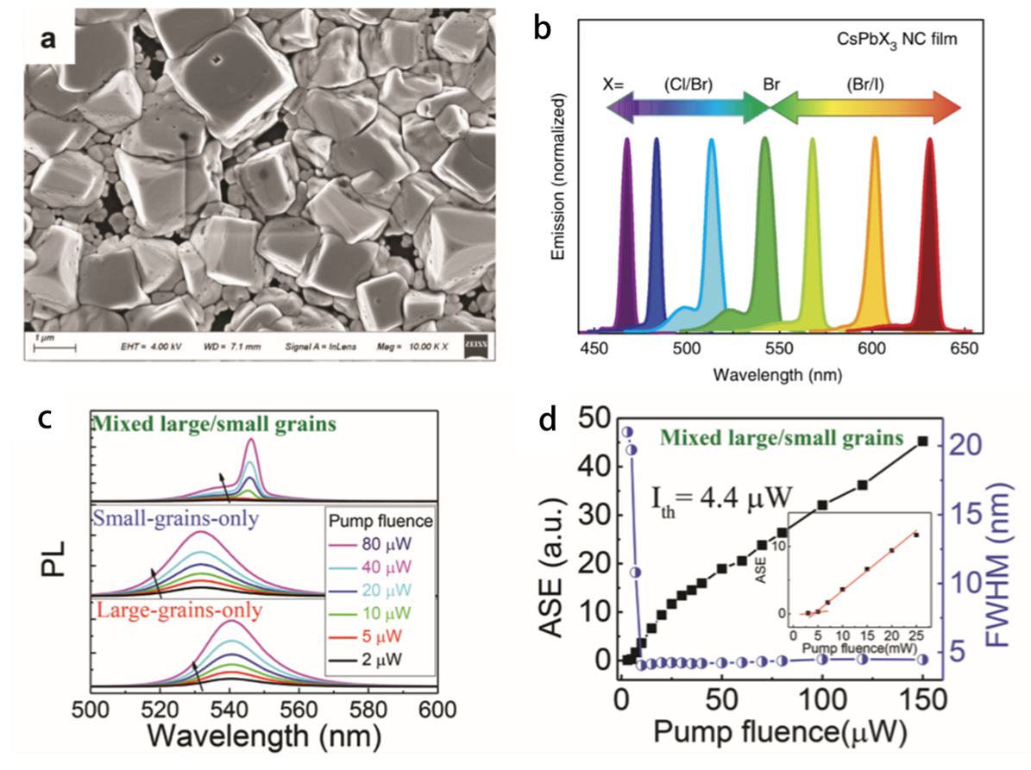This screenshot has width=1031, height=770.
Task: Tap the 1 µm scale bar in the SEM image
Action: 54,347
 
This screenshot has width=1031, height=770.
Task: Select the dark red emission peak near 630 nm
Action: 931,233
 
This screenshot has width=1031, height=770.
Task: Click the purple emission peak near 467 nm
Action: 628,233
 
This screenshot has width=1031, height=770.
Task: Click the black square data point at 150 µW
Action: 923,441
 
